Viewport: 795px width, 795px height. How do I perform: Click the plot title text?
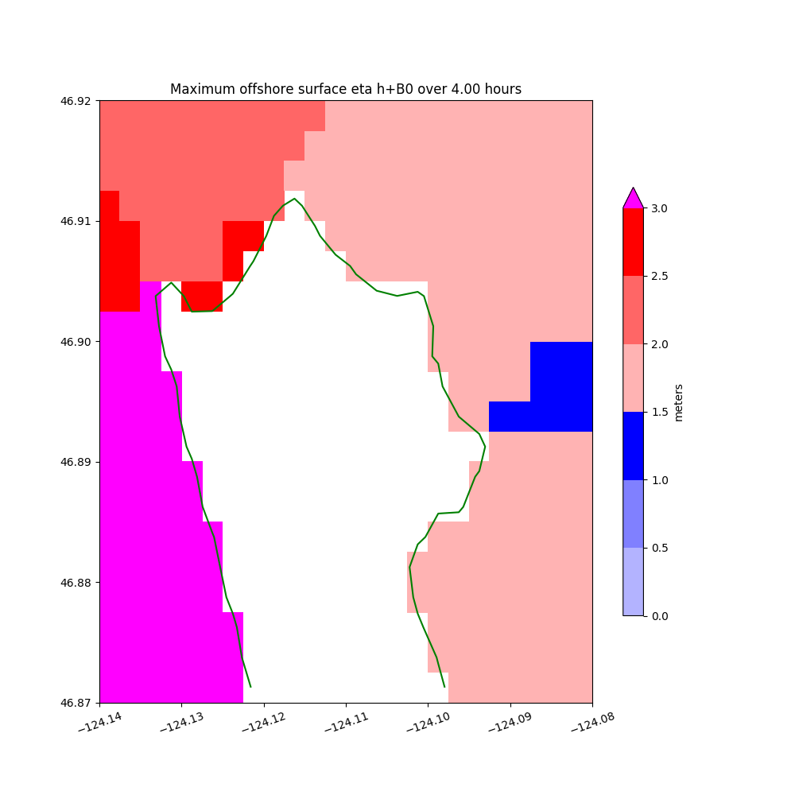346,89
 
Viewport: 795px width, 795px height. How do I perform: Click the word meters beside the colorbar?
678,402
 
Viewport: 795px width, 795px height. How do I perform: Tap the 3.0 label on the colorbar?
659,208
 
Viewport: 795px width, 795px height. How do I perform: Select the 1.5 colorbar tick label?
659,412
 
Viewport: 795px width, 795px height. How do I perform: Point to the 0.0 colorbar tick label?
659,616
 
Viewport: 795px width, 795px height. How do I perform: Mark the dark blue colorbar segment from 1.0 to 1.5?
633,446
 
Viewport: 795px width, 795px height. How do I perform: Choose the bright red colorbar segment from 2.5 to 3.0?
633,242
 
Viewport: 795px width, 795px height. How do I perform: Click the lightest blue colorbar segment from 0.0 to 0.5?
633,582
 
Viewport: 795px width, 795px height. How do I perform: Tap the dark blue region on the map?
560,386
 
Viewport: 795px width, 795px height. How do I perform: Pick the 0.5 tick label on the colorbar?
659,548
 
